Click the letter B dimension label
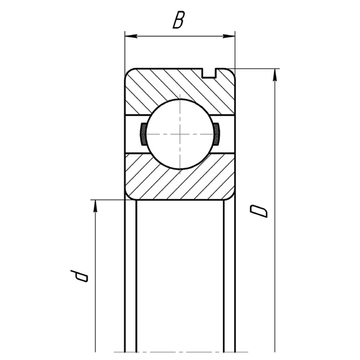(179, 20)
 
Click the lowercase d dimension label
(79, 276)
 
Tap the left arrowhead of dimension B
(131, 36)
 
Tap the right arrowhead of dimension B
(229, 36)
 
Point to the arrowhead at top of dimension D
(275, 75)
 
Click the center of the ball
(180, 134)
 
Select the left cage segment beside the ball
(143, 134)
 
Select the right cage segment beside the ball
(216, 134)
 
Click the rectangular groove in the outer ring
(210, 73)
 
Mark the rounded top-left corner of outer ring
(128, 72)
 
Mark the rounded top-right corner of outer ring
(231, 72)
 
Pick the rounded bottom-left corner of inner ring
(129, 197)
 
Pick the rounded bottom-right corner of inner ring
(231, 197)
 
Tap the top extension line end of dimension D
(279, 68)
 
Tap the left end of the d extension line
(91, 200)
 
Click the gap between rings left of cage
(133, 134)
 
